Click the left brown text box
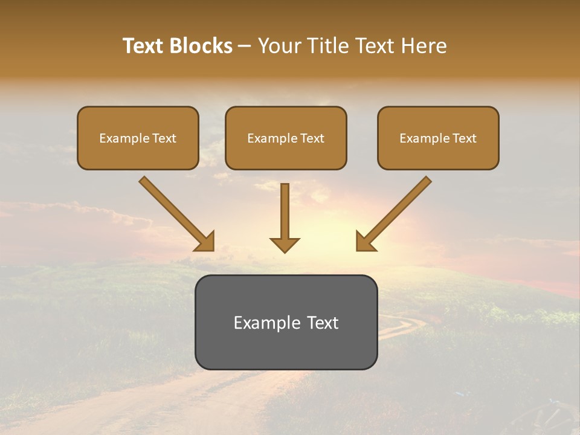pyautogui.click(x=138, y=138)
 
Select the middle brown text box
pyautogui.click(x=286, y=138)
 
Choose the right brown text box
pyautogui.click(x=438, y=138)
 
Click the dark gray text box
pyautogui.click(x=286, y=322)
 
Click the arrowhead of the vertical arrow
pyautogui.click(x=285, y=244)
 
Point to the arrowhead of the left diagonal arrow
pyautogui.click(x=205, y=242)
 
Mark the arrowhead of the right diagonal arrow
pyautogui.click(x=364, y=242)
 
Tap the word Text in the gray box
pyautogui.click(x=324, y=323)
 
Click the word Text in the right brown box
pyautogui.click(x=464, y=138)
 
